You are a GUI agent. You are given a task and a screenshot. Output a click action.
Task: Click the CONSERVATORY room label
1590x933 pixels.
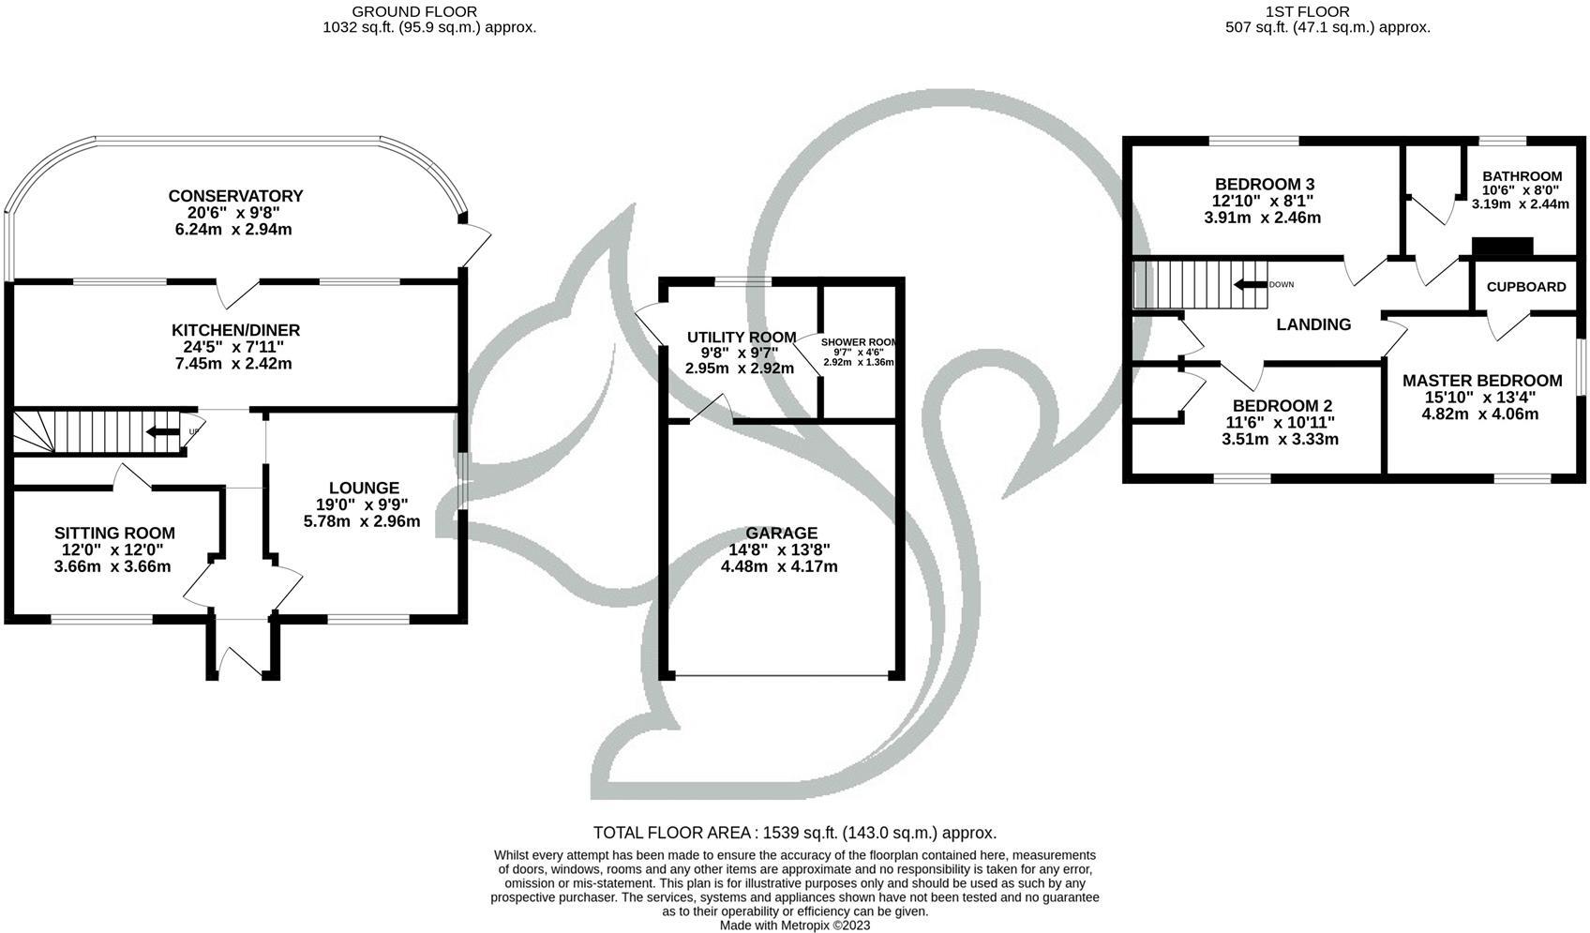pyautogui.click(x=235, y=196)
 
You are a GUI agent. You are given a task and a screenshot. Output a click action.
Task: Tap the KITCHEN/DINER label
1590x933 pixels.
pyautogui.click(x=235, y=330)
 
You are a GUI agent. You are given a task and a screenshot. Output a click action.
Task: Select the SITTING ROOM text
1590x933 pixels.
pyautogui.click(x=114, y=533)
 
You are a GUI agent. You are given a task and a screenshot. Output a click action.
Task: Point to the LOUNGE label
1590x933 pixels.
pyautogui.click(x=364, y=488)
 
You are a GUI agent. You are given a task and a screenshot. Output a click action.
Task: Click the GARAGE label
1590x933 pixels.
pyautogui.click(x=781, y=533)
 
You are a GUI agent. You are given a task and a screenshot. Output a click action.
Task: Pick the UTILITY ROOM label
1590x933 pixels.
pyautogui.click(x=741, y=338)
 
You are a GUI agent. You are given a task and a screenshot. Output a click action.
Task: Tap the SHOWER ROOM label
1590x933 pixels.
pyautogui.click(x=859, y=343)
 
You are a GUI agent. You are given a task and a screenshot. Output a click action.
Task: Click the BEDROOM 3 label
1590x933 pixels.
pyautogui.click(x=1263, y=184)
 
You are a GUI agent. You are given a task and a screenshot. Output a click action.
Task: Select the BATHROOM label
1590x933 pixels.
pyautogui.click(x=1522, y=176)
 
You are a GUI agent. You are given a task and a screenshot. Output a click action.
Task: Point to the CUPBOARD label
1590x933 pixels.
pyautogui.click(x=1526, y=287)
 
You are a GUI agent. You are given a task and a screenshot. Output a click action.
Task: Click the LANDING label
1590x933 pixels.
pyautogui.click(x=1313, y=324)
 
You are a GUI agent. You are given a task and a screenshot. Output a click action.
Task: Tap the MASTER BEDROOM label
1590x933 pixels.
pyautogui.click(x=1481, y=380)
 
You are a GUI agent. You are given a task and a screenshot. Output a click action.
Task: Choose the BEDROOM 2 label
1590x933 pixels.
pyautogui.click(x=1282, y=405)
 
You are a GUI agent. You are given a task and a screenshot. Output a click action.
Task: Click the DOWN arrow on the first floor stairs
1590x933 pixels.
pyautogui.click(x=1249, y=284)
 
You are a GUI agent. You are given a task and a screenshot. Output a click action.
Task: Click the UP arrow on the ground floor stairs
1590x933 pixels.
pyautogui.click(x=163, y=432)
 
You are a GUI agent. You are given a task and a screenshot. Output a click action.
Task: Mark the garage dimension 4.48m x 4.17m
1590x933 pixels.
pyautogui.click(x=779, y=566)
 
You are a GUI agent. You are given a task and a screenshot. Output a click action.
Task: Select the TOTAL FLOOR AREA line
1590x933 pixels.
pyautogui.click(x=794, y=833)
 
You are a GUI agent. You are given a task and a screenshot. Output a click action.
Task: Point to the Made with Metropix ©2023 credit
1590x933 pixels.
pyautogui.click(x=794, y=925)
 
